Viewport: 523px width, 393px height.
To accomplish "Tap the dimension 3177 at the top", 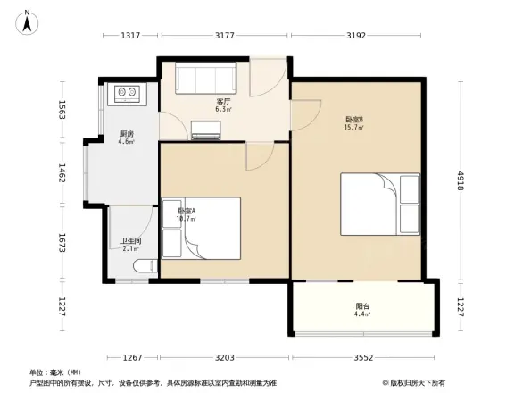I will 225,36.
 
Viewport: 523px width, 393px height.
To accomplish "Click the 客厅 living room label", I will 224,102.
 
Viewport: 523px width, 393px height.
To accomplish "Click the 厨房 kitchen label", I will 128,135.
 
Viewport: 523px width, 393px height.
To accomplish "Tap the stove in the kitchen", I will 126,91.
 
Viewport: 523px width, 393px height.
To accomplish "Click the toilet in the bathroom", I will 143,265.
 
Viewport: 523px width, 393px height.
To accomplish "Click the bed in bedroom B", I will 379,203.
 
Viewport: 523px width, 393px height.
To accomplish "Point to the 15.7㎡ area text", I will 353,127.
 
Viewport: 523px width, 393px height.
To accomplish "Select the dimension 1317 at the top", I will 131,36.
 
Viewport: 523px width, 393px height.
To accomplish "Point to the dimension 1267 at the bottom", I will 133,357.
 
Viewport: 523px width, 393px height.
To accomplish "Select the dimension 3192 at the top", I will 358,36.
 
